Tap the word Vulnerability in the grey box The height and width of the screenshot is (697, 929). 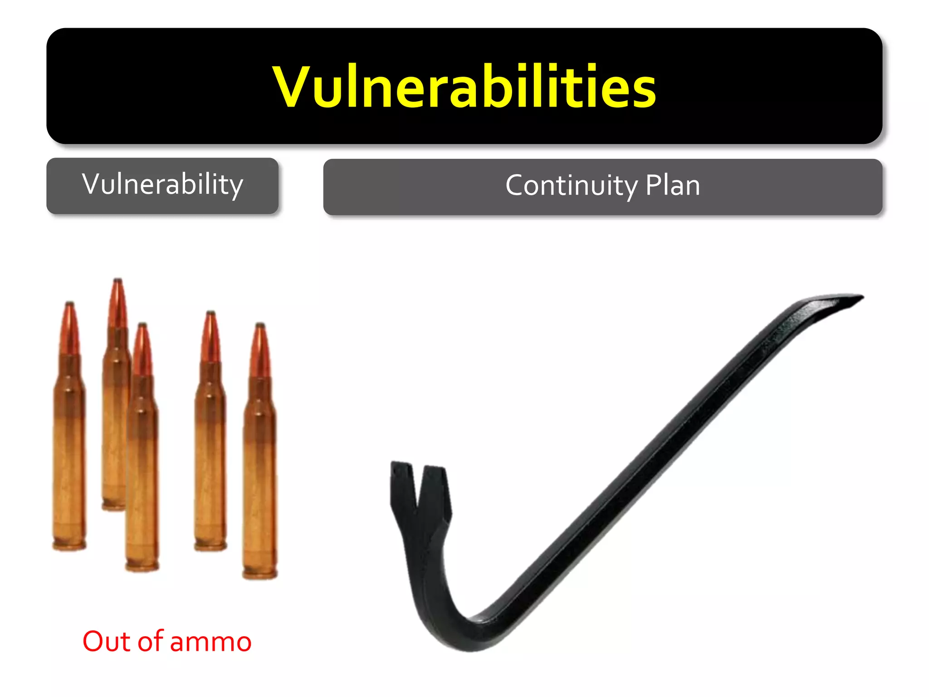[162, 185]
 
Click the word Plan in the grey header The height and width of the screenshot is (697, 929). [673, 186]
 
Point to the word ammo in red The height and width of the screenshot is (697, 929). [210, 642]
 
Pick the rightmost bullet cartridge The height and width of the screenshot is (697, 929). [260, 454]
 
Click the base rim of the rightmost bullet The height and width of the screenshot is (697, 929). [260, 574]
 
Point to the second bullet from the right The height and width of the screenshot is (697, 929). [210, 431]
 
